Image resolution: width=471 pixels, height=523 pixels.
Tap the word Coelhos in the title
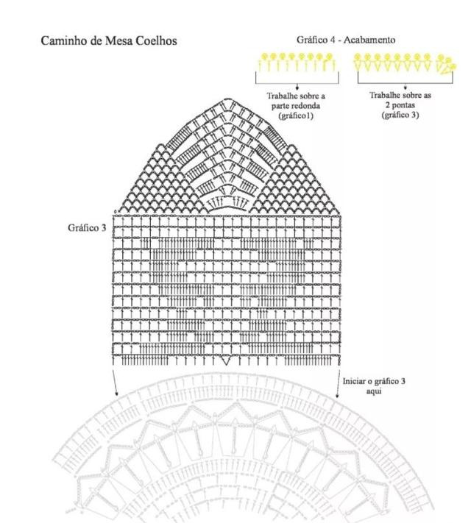(157, 40)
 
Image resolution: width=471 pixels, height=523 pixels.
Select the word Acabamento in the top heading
(369, 40)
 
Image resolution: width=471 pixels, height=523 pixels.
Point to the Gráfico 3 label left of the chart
(87, 228)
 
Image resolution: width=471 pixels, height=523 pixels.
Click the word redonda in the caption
(306, 106)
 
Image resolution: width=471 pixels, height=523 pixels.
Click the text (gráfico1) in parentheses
(296, 115)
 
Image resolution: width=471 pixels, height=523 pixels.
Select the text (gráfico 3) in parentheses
(400, 115)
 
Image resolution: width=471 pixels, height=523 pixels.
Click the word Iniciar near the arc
(354, 381)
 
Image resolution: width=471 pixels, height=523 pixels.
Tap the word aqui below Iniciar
(374, 391)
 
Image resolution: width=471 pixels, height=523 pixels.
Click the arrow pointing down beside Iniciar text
(338, 383)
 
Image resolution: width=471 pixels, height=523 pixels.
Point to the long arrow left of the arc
(115, 383)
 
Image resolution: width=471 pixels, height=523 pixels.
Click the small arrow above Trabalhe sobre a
(297, 86)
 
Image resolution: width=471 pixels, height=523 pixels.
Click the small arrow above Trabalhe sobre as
(406, 86)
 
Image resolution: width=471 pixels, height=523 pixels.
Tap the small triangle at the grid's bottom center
(226, 360)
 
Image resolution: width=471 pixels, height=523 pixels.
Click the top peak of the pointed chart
(227, 99)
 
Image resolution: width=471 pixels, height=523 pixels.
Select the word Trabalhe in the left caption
(280, 96)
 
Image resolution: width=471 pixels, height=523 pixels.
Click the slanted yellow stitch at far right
(447, 68)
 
